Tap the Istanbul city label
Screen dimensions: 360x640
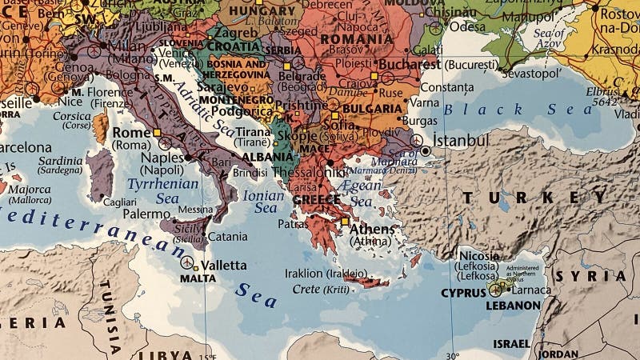(x=461, y=141)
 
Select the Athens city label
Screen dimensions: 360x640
(x=372, y=230)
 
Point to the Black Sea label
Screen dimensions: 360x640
(x=519, y=110)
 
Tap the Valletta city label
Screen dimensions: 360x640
(x=224, y=265)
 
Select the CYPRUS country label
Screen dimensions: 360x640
(x=463, y=294)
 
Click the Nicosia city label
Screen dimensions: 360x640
(x=479, y=256)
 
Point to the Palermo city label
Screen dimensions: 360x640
(x=146, y=214)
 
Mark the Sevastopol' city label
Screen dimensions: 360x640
(x=526, y=74)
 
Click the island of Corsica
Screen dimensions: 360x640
(x=100, y=128)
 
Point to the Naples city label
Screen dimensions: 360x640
(x=162, y=158)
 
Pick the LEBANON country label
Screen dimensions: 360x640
(x=513, y=306)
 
